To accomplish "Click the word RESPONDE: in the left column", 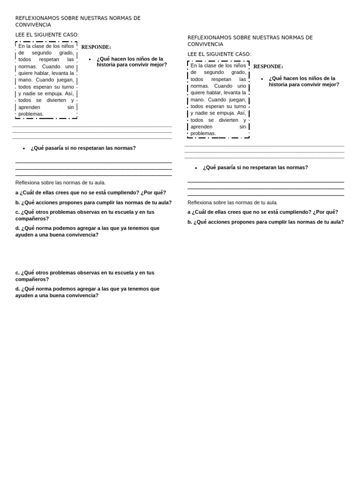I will coord(96,47).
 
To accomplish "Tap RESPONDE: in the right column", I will coord(268,67).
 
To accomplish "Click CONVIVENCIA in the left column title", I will coord(33,25).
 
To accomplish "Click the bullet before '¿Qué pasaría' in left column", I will coord(24,149).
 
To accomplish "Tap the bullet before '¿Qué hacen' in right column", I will coord(262,79).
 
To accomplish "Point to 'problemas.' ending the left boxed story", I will coord(31,114).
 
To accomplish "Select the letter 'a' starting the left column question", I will coord(17,193).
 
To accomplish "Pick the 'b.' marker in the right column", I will coord(190,222).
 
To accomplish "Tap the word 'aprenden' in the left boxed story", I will coord(29,107).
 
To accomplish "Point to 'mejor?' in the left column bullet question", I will coord(158,65).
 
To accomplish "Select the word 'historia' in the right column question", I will coord(279,85).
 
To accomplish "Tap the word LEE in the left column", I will coord(21,35).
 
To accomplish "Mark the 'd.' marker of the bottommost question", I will coord(18,289).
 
